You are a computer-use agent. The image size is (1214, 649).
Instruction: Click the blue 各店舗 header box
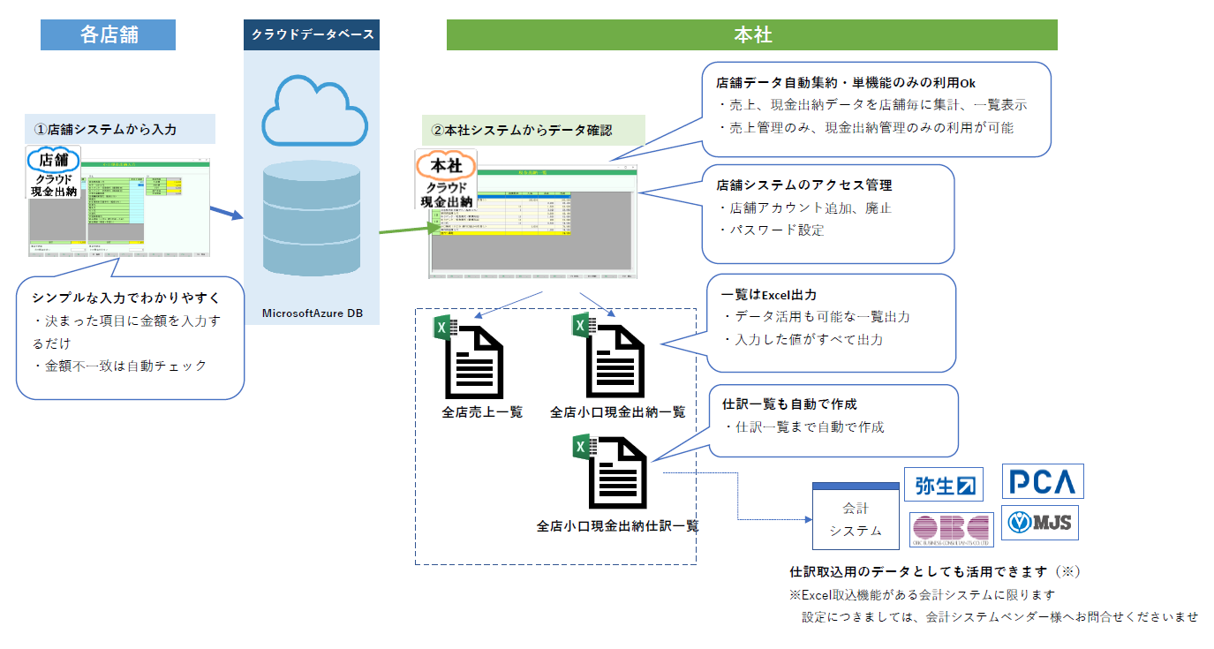click(108, 34)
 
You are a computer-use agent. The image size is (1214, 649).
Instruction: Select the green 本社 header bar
click(751, 34)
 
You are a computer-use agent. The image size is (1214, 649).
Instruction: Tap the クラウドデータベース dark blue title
click(312, 35)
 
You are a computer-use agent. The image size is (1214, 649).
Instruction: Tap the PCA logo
click(1043, 482)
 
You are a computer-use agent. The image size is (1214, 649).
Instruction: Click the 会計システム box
click(856, 518)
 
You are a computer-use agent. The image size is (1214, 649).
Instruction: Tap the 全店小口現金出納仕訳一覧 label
click(618, 525)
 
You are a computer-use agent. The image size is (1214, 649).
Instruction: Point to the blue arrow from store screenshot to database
click(225, 214)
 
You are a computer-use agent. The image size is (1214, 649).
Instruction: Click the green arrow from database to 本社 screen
click(409, 230)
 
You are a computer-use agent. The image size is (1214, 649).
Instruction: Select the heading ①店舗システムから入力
click(106, 129)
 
